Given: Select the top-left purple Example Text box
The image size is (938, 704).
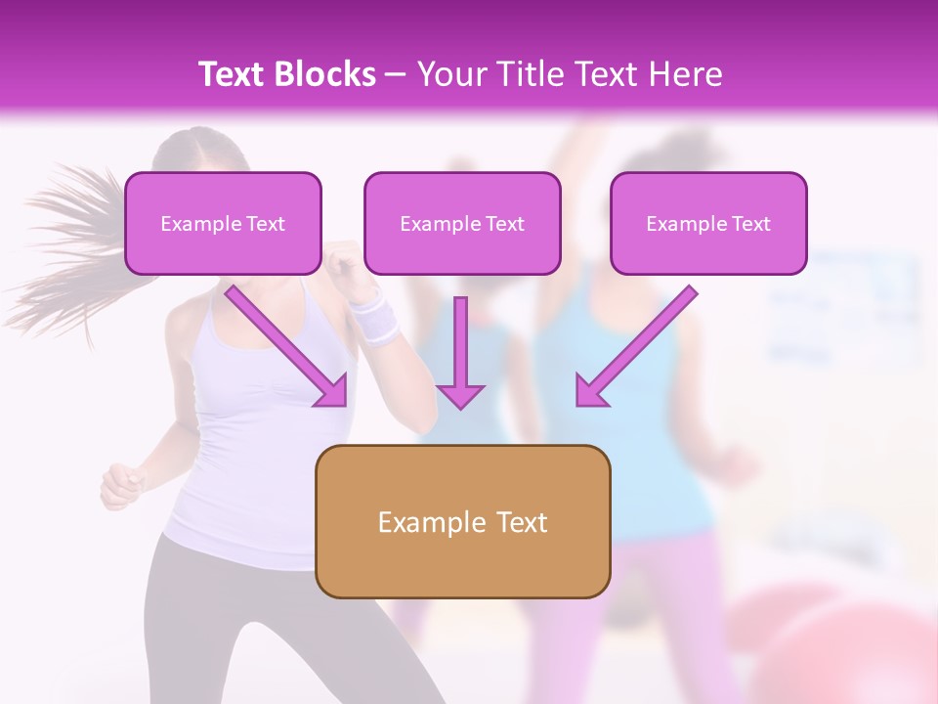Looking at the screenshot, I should point(223,223).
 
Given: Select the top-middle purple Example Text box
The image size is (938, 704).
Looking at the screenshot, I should point(462,223).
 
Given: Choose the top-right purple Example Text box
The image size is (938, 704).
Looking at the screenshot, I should point(708,223).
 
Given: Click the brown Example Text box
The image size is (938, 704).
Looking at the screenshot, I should point(462,521).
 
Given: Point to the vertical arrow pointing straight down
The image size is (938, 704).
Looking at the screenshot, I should point(460,352).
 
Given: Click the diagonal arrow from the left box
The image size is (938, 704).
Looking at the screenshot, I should point(287,346).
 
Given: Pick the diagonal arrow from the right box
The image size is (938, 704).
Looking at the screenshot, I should point(635,346).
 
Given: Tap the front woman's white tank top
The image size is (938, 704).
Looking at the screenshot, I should point(244,440).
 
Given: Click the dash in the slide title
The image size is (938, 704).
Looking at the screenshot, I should point(396,74).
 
